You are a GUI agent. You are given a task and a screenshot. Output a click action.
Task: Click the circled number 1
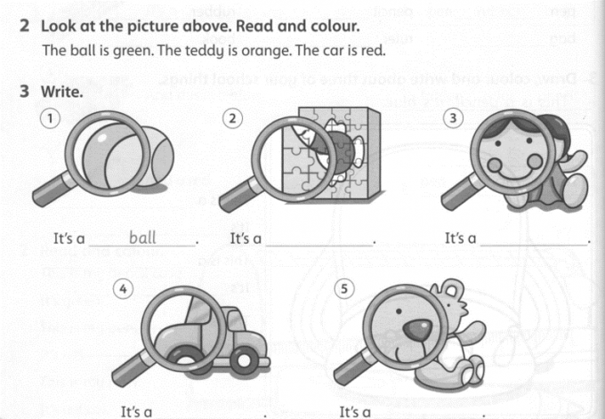coord(50,118)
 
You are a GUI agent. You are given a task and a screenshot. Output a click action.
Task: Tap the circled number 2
coord(232,118)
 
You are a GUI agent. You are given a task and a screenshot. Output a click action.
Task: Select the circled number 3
coord(453,118)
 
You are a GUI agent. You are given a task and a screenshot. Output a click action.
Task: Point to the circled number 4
coord(123,289)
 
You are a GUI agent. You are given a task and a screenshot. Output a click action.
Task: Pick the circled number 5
coord(344,288)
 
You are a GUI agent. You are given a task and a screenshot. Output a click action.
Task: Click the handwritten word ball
coord(142,238)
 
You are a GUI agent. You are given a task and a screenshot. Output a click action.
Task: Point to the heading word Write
coord(61,92)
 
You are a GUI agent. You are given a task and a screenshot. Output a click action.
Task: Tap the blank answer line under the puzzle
coord(319,246)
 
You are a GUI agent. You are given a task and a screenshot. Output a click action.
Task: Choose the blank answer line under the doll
coord(534,245)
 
